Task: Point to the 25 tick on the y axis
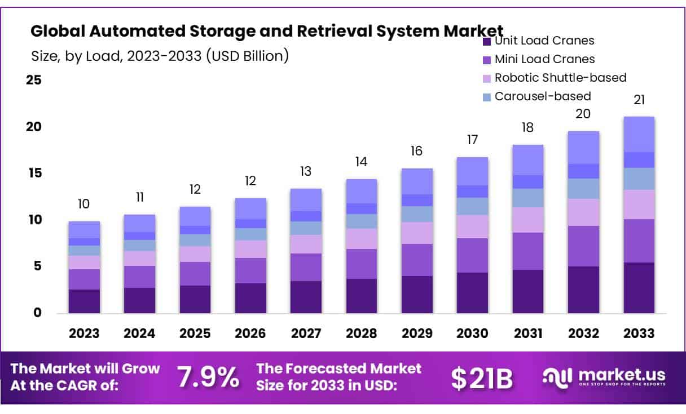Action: click(x=34, y=80)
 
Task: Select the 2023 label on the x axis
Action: click(x=84, y=333)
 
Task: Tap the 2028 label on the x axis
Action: click(x=362, y=333)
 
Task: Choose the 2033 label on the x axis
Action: click(x=639, y=333)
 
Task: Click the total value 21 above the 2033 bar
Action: click(x=639, y=100)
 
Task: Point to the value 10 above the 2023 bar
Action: click(x=84, y=204)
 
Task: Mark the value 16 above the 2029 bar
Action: click(x=417, y=151)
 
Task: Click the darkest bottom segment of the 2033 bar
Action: click(x=639, y=287)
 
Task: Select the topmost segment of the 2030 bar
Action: click(x=472, y=171)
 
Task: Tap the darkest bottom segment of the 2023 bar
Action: click(x=84, y=301)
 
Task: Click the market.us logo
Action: click(x=604, y=377)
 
